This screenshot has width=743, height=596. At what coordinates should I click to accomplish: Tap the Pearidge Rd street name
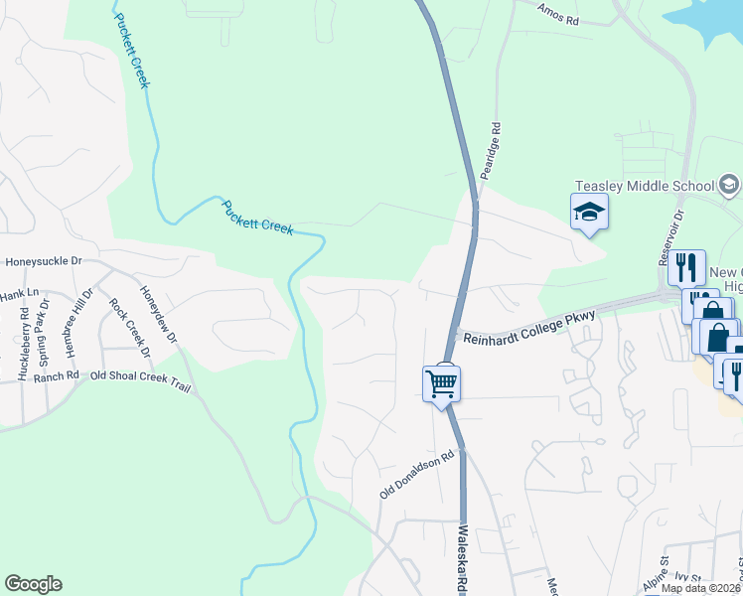tap(489, 152)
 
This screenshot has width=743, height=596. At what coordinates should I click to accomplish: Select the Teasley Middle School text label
tap(645, 186)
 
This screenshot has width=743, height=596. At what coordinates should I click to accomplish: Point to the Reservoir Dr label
tap(671, 236)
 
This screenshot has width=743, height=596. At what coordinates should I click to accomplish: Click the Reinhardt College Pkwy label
tap(529, 340)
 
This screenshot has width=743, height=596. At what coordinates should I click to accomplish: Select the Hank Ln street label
tap(18, 294)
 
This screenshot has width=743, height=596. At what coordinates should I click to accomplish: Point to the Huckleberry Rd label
tap(23, 339)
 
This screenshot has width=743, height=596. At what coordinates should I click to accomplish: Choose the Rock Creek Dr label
tap(129, 328)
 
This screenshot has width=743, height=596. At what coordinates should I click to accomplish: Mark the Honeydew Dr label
tap(158, 316)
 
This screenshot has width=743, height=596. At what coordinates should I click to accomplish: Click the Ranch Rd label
tap(56, 376)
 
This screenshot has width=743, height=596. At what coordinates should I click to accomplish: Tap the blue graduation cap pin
tap(589, 212)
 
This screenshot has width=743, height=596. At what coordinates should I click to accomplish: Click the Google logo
tap(33, 584)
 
